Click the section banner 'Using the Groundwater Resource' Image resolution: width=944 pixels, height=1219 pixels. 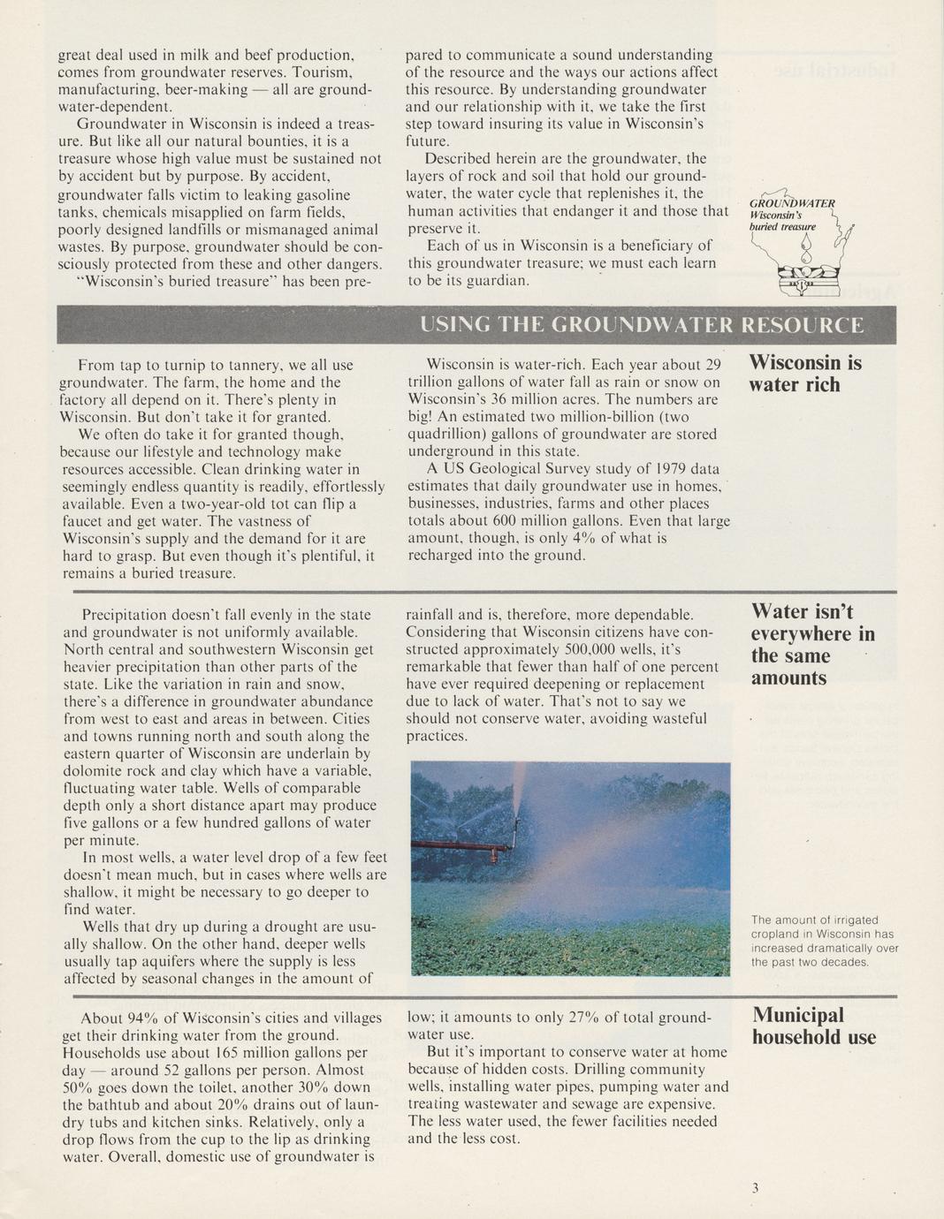(642, 325)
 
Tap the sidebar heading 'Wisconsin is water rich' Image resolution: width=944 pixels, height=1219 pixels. (805, 374)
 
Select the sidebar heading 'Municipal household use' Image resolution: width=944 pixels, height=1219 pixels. (814, 1026)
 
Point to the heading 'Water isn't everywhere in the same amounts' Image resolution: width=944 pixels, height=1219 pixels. (812, 645)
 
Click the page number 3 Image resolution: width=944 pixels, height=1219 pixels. (755, 1188)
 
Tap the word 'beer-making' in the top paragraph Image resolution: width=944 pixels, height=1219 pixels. (198, 90)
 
